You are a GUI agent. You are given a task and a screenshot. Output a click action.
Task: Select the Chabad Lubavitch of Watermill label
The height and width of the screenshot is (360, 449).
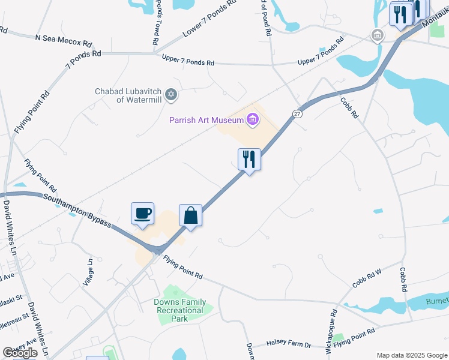pos(128,95)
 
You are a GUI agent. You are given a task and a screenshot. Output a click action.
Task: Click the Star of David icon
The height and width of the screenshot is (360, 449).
pos(171,95)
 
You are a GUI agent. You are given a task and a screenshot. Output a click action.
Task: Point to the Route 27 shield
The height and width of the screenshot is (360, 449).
pos(297,113)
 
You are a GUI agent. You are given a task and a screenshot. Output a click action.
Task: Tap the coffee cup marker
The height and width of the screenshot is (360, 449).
pos(143,214)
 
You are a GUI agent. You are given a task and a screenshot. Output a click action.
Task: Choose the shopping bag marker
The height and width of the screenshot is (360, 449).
pos(190,216)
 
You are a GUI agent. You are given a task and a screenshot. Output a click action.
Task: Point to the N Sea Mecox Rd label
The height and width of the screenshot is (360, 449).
pos(64,40)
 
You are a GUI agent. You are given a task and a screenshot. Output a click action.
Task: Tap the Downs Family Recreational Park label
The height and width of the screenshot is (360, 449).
pos(180,310)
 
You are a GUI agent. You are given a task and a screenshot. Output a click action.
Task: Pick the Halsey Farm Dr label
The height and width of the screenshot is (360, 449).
pos(289,344)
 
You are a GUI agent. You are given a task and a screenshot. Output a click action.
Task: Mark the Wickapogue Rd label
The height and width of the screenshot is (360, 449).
pos(334,329)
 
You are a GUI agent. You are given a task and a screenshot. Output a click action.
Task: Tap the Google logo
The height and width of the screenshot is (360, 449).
pos(20,353)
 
